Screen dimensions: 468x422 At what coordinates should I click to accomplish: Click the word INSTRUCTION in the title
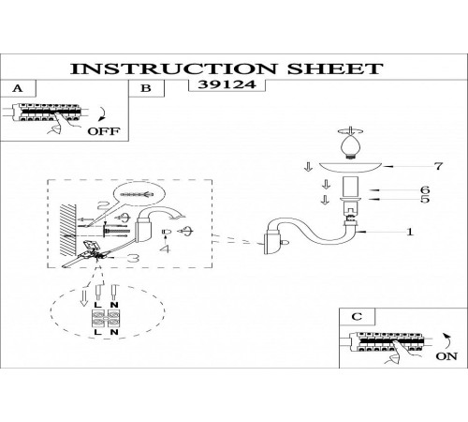point(173,68)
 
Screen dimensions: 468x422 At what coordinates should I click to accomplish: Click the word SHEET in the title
point(335,68)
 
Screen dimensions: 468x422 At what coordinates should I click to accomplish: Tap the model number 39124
point(227,84)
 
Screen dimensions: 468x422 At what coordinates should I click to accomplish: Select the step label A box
point(18,88)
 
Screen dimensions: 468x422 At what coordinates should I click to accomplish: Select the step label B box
point(146,88)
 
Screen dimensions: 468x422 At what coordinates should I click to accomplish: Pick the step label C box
point(357,317)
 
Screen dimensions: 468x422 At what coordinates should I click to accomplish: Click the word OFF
point(103,131)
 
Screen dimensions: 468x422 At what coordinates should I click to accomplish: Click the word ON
point(446,356)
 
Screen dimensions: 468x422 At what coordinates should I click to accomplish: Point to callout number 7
point(439,166)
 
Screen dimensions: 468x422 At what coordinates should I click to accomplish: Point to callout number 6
point(425,189)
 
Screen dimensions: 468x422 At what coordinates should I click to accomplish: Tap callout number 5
point(425,199)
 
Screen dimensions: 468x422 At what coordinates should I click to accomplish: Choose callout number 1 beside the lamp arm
point(410,232)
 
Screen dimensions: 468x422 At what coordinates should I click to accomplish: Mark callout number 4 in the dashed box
point(165,249)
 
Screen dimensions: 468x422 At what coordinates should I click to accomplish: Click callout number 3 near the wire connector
point(134,258)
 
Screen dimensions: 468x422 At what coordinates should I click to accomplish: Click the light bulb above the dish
point(351,146)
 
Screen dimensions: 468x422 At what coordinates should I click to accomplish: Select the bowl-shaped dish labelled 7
point(351,168)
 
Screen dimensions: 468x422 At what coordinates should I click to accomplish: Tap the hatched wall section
point(68,230)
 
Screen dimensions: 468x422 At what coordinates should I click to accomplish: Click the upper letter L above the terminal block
point(97,305)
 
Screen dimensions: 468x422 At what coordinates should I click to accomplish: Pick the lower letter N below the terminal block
point(114,332)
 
